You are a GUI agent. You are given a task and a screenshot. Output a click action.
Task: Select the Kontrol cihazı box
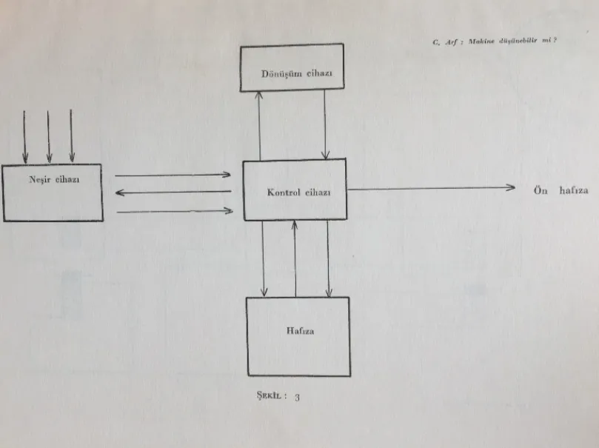(x=295, y=190)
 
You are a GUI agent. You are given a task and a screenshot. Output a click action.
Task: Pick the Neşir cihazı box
(x=52, y=193)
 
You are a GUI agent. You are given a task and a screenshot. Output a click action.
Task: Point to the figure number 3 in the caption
(x=297, y=397)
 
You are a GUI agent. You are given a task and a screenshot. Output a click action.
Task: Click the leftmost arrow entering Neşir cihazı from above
(x=25, y=136)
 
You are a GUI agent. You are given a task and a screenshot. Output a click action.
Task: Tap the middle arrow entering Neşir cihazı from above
(x=49, y=136)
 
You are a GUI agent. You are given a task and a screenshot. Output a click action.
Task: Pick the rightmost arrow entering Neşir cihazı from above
(x=72, y=136)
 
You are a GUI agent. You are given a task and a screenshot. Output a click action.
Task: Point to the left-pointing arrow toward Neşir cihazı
(x=174, y=193)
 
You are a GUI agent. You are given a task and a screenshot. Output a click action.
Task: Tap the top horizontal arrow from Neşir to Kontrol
(x=174, y=175)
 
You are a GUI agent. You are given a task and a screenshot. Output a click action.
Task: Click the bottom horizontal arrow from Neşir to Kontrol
(x=174, y=211)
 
